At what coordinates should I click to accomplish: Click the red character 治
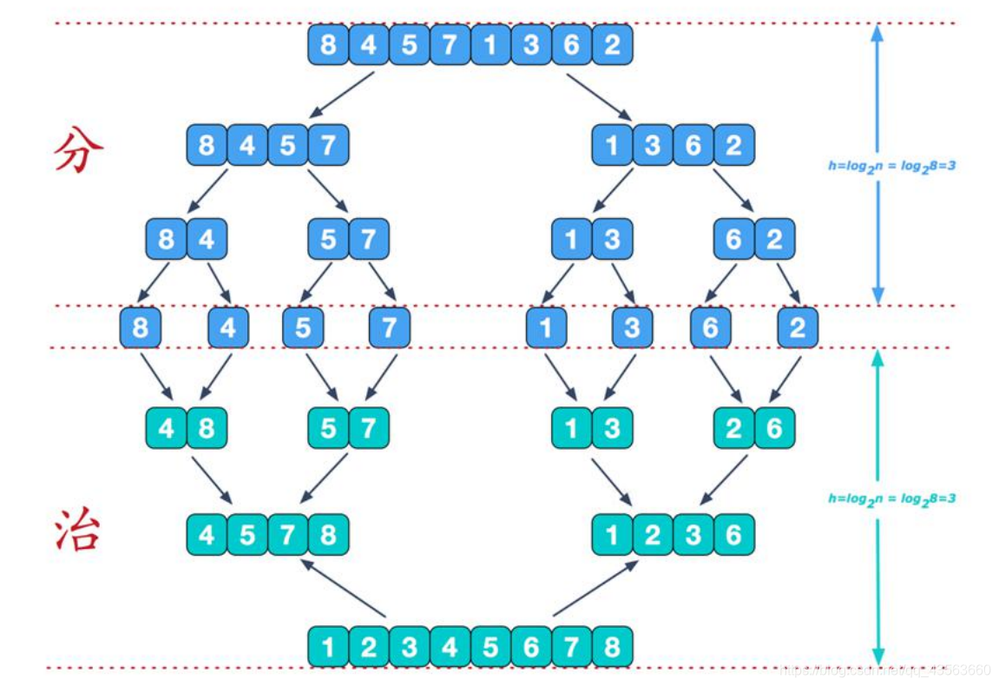tap(79, 531)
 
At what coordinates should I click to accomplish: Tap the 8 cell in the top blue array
tap(328, 44)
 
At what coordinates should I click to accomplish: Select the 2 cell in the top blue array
tap(612, 44)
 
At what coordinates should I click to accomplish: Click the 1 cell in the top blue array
tap(490, 44)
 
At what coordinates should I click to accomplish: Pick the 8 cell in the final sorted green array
tap(612, 647)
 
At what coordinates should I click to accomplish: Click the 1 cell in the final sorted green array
tap(328, 647)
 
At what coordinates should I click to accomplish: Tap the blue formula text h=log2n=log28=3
tap(891, 165)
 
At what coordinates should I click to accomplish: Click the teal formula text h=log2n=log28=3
tap(891, 498)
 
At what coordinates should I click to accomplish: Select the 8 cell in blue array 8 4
tap(166, 239)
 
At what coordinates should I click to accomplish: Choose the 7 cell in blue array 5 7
tap(369, 239)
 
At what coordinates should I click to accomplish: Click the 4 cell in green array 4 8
tap(166, 428)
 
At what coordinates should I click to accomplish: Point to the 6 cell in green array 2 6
tap(774, 428)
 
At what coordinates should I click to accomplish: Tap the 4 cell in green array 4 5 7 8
tap(207, 534)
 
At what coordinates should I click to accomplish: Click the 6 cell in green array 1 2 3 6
tap(733, 534)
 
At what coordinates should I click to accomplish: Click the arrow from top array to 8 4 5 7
tap(341, 94)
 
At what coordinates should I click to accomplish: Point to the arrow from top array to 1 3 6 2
tap(600, 95)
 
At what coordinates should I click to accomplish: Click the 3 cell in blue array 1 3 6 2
tap(653, 145)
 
